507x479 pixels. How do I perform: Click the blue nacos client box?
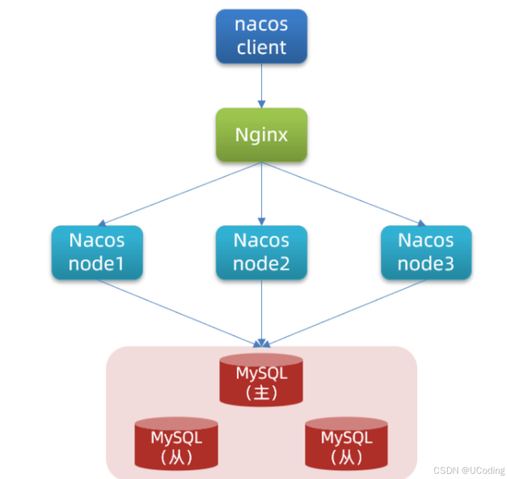tap(262, 36)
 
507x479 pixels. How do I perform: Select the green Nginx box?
tap(262, 135)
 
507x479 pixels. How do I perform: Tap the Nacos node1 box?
tap(97, 252)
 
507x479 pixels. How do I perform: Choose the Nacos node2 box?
tap(262, 252)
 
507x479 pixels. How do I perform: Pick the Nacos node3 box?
tap(426, 252)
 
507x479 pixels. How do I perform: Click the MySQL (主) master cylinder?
tap(262, 380)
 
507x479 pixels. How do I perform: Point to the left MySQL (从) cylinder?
tap(176, 444)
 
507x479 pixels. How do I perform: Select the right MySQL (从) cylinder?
tap(347, 444)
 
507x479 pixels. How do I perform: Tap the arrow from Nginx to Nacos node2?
tap(262, 193)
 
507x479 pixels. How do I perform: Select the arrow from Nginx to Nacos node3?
tap(341, 193)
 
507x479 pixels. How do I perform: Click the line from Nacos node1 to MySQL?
tap(178, 313)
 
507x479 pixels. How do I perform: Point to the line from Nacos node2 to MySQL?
tap(262, 313)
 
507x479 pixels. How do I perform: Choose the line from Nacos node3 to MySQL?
tap(345, 313)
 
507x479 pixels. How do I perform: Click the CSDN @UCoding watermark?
tap(469, 470)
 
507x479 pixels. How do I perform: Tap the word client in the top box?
tap(262, 47)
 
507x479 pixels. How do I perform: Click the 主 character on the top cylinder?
tap(262, 392)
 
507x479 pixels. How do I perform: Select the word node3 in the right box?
tap(426, 264)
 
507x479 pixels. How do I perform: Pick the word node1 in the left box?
tap(97, 264)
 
